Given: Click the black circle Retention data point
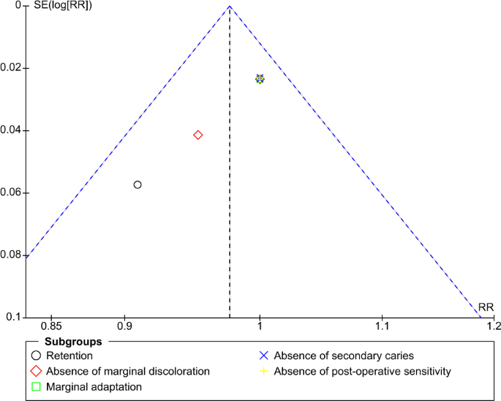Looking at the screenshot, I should pyautogui.click(x=138, y=184).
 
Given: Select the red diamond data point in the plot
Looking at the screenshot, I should pyautogui.click(x=197, y=135).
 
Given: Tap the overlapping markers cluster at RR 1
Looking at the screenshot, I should pyautogui.click(x=260, y=79).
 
